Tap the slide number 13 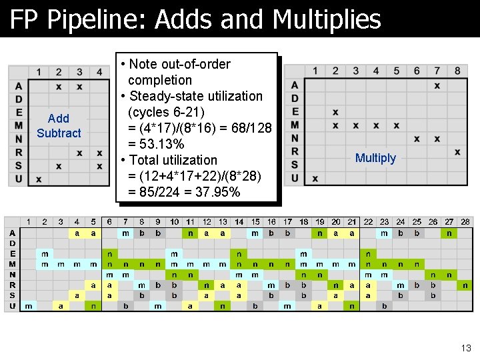click(465, 347)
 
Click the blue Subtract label click(59, 133)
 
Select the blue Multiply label click(375, 158)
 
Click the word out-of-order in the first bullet click(191, 64)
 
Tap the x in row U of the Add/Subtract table click(39, 179)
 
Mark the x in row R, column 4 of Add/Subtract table click(99, 153)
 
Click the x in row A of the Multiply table click(437, 85)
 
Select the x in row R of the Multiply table click(457, 152)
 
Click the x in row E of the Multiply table click(335, 112)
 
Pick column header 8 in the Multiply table click(457, 71)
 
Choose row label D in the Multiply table click(295, 99)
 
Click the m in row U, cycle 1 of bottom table click(28, 306)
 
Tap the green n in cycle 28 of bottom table click(465, 285)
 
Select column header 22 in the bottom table click(368, 222)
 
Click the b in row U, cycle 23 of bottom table click(384, 306)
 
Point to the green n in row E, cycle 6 click(109, 254)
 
